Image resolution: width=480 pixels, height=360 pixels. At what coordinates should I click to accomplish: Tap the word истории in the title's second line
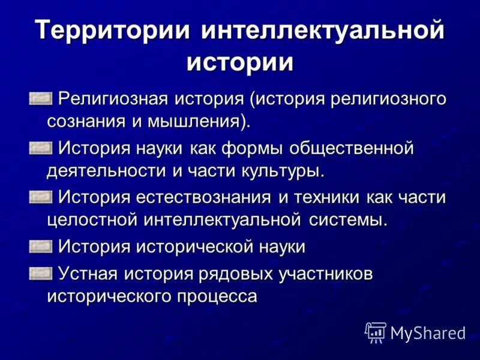pos(240,61)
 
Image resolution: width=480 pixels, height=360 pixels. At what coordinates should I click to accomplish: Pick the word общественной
pos(352,147)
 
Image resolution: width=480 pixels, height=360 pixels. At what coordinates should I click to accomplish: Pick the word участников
pos(326,273)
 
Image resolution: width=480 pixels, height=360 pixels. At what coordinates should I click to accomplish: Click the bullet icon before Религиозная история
pos(40,97)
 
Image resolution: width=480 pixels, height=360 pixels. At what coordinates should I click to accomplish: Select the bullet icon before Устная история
pos(40,272)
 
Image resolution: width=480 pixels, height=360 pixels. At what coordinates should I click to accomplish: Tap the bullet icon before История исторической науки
pos(40,245)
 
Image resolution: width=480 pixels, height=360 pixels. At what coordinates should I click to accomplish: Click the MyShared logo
pos(416,332)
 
